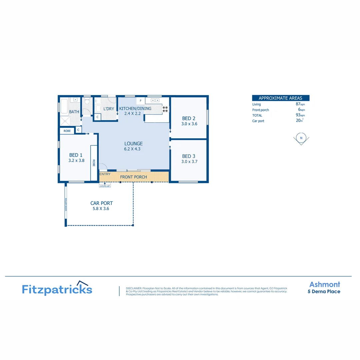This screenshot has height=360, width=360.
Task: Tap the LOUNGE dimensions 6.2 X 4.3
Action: pos(132,149)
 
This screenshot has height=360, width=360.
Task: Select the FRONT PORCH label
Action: pos(133,177)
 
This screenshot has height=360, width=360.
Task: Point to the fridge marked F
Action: pos(141,100)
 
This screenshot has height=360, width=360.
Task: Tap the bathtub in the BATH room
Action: pos(64,106)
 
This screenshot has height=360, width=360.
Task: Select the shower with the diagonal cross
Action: pos(64,121)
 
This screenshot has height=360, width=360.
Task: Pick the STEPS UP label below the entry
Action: pos(105,186)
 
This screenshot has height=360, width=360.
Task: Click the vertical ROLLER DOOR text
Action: pos(66,205)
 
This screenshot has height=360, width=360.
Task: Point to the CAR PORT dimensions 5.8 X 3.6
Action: pos(101,209)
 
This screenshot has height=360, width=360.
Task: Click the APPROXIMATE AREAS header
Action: pos(280,98)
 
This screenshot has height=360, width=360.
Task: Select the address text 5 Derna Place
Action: pos(324,292)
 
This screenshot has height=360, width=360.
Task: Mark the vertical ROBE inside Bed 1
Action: pos(94,163)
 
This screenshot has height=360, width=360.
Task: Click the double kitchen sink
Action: pos(155,100)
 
